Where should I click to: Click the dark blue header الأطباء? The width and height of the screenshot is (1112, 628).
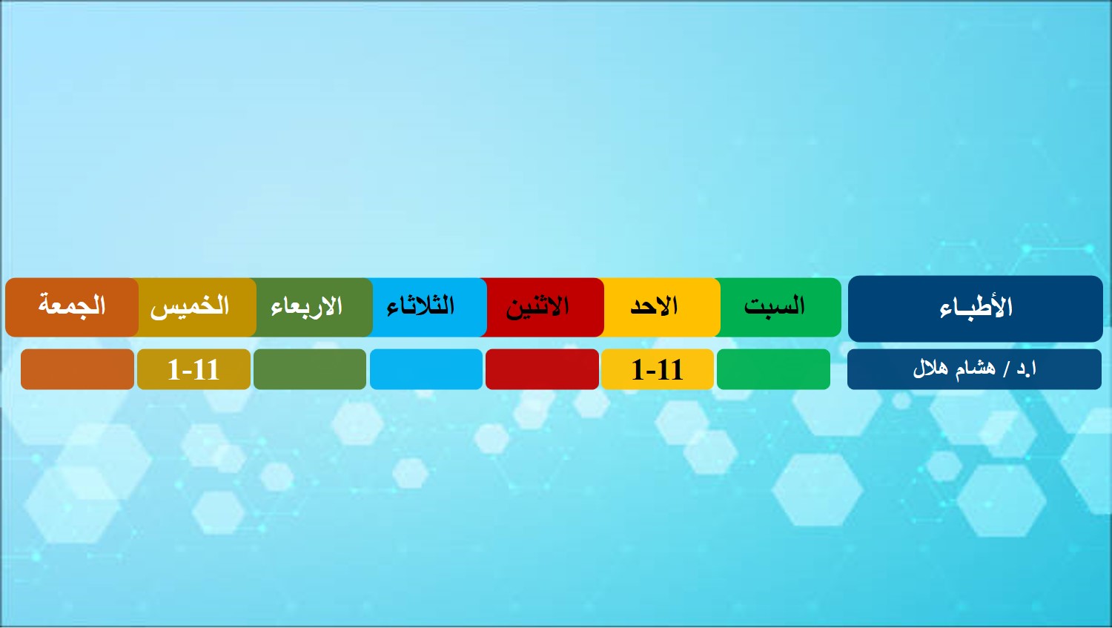coord(975,308)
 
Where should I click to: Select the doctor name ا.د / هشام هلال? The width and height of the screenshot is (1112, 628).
coord(974,368)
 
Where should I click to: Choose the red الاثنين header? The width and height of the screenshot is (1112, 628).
coord(542,307)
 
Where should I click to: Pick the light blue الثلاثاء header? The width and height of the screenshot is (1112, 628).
coord(427,307)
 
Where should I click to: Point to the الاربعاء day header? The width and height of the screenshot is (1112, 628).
coord(311,307)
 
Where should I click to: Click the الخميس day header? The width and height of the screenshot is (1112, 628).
coord(194,307)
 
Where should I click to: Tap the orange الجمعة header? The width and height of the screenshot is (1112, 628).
coord(72,307)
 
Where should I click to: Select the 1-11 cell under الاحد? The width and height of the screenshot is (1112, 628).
coord(658,369)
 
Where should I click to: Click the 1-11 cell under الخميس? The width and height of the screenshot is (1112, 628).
coord(193,369)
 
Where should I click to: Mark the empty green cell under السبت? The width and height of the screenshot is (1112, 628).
coord(773,369)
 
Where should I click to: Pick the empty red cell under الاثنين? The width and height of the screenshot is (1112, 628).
coord(542,369)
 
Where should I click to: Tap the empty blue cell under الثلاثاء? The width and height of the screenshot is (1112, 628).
coord(426,369)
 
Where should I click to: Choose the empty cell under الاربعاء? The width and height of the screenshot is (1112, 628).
coord(310,369)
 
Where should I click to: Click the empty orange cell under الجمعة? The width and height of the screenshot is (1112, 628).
coord(77,369)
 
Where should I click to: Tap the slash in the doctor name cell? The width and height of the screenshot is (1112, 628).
coord(1007,369)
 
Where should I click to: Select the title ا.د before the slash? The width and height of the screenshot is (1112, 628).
coord(1027,368)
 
